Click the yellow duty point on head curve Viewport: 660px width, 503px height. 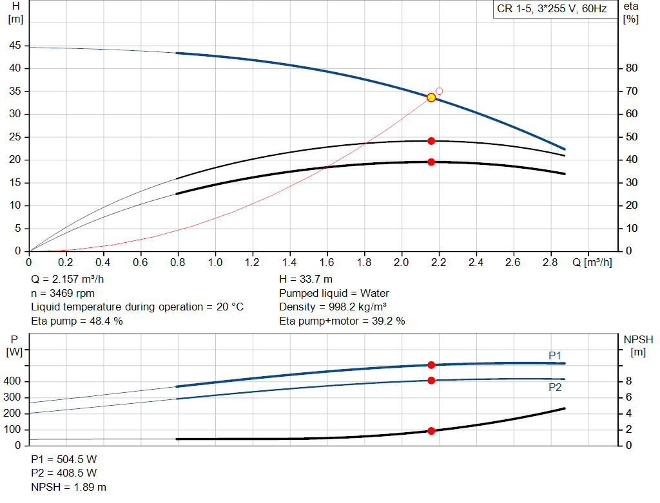coord(431,97)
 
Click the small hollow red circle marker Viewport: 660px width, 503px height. coord(440,91)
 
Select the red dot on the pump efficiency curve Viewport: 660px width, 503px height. coord(431,140)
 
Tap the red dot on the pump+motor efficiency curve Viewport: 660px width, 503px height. coord(431,162)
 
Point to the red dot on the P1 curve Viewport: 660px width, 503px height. coord(431,365)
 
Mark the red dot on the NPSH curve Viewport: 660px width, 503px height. coord(431,431)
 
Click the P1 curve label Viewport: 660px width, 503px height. coord(555,355)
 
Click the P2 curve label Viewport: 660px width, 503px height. coord(555,387)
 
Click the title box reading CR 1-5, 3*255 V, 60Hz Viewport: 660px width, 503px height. coord(551,9)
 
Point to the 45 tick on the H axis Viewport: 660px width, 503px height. coord(14,46)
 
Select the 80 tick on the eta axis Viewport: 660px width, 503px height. coord(632,68)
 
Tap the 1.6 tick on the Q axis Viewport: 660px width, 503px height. coord(327,263)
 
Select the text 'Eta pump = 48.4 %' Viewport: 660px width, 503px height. coord(77,320)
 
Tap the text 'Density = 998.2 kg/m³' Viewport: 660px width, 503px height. coord(333,307)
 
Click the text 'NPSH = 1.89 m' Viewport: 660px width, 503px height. coord(68,487)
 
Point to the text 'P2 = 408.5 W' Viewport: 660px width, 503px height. coord(64,473)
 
